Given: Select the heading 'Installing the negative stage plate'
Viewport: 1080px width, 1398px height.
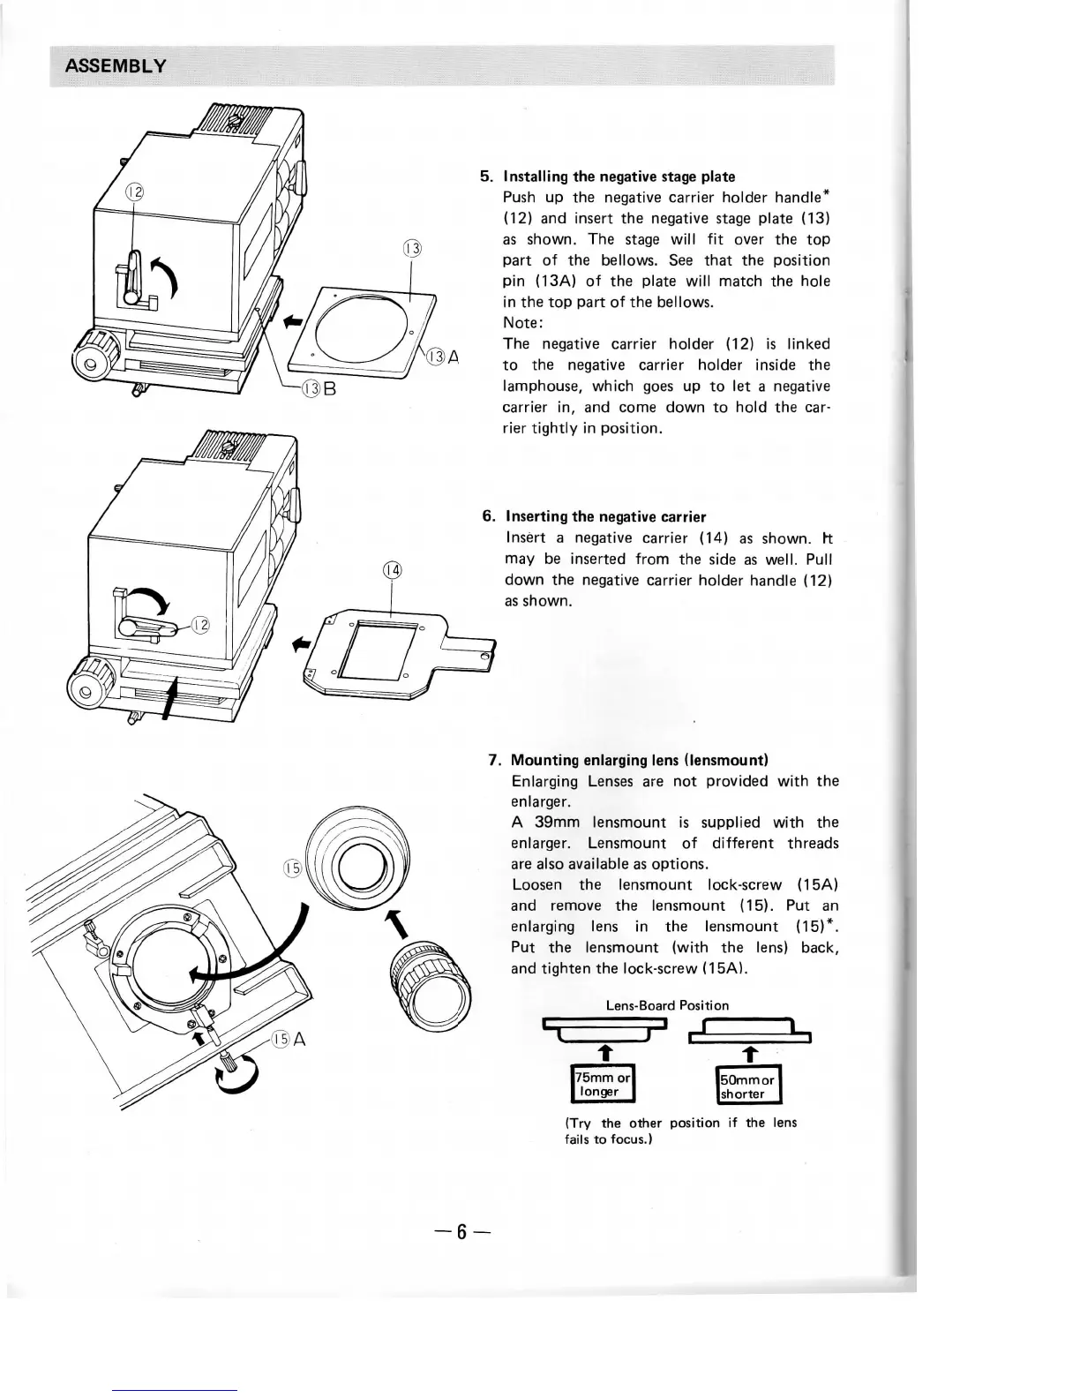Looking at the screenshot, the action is (x=619, y=177).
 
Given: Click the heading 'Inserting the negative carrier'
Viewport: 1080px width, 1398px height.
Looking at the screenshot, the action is (x=605, y=516).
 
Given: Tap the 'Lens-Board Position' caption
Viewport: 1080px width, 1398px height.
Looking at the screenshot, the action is (x=667, y=1005).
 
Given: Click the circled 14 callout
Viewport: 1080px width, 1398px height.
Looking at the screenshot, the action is (x=391, y=571).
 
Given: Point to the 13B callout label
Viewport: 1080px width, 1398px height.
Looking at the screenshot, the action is (x=319, y=387).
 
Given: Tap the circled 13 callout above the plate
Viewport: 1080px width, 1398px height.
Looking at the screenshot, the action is (x=413, y=248).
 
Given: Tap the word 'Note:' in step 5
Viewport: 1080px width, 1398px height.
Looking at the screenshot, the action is (x=522, y=323).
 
